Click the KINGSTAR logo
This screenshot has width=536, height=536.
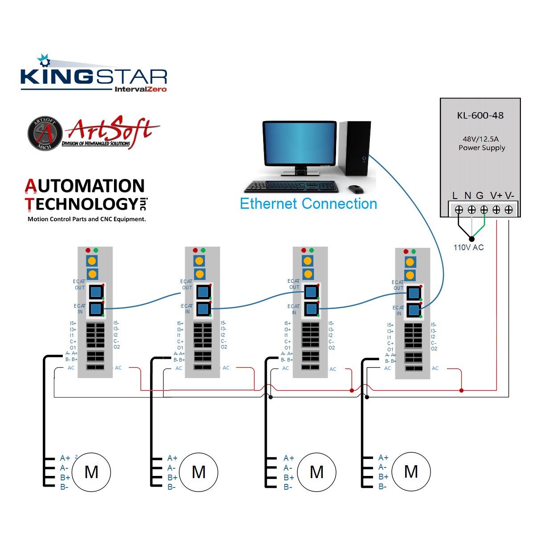[93, 76]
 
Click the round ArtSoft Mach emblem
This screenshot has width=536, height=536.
[45, 133]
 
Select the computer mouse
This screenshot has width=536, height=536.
[356, 189]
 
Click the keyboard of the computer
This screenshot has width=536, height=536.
[292, 186]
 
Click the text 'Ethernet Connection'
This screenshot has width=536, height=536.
[308, 204]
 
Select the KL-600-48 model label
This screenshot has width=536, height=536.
[480, 116]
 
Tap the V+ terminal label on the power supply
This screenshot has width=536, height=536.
[496, 195]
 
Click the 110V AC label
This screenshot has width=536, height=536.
[468, 248]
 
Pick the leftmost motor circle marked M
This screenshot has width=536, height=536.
[91, 472]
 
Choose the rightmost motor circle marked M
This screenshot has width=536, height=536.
[411, 471]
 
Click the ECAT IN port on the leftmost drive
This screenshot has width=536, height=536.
[96, 308]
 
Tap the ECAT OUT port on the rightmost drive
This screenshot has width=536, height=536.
[414, 293]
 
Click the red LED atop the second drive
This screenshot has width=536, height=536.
[195, 250]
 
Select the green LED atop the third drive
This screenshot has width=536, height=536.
[311, 250]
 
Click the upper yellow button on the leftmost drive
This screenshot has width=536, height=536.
[92, 261]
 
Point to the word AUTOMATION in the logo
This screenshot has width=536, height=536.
[85, 186]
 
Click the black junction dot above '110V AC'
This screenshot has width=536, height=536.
[471, 239]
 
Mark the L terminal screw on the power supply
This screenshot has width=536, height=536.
[459, 209]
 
